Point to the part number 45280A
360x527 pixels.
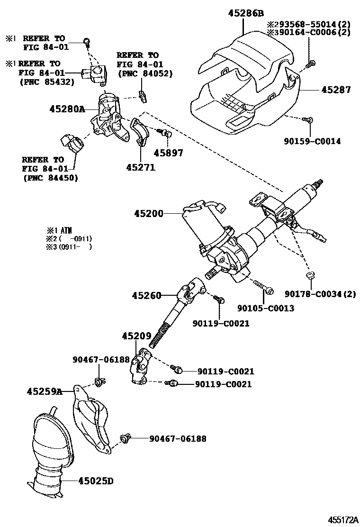pos(67,109)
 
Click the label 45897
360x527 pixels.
pos(168,153)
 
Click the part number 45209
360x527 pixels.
pos(135,336)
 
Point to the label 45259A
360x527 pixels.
pos(45,391)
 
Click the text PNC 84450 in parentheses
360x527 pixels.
pos(50,178)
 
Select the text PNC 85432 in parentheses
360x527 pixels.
pos(47,82)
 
